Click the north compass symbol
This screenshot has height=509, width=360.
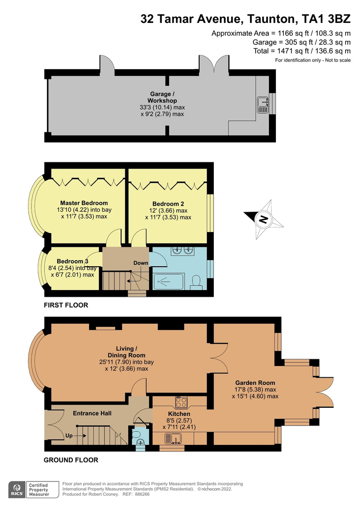coord(263,220)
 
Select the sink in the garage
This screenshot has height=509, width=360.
coord(263,104)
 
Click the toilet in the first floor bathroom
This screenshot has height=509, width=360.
coord(196,281)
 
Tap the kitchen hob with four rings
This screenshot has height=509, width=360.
coord(181,403)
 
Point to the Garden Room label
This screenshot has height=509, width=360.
coord(255,383)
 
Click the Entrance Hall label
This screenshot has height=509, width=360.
coord(92,413)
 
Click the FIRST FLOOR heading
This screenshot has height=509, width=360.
coord(66,305)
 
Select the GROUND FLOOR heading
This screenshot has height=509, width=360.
coord(71,460)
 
